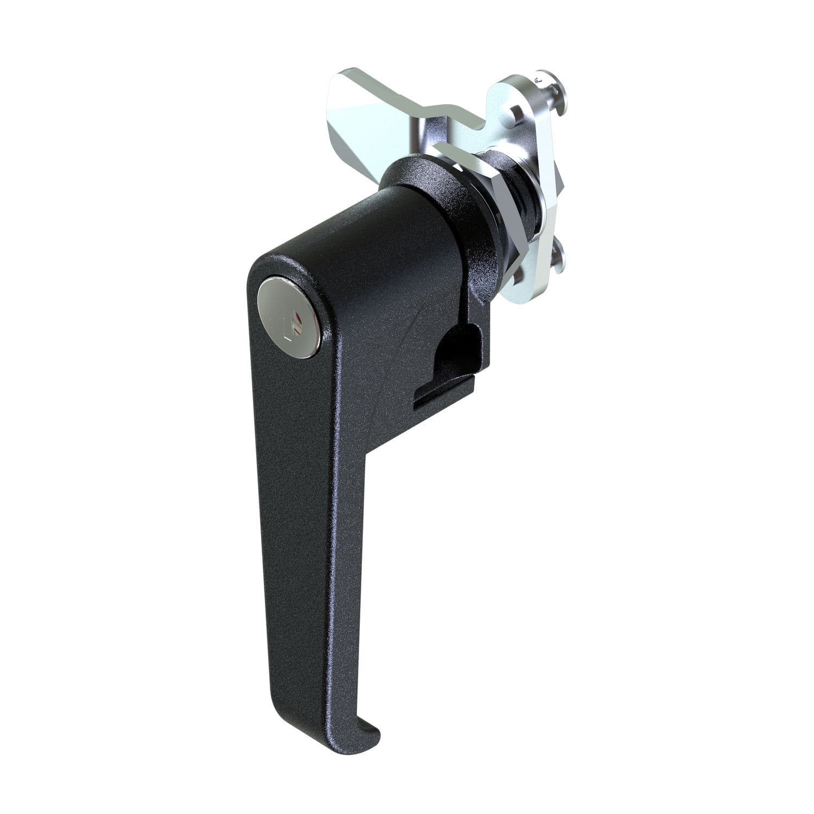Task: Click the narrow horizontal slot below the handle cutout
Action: [x=442, y=396]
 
